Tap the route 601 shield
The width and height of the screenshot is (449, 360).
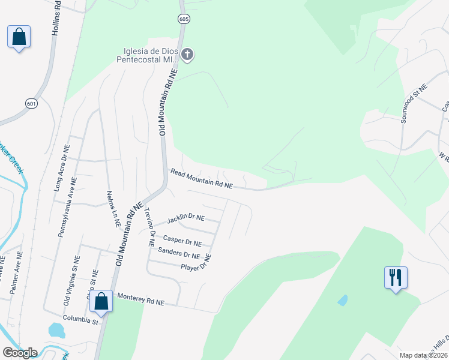pyautogui.click(x=30, y=104)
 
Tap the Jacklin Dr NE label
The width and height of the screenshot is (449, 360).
pyautogui.click(x=186, y=217)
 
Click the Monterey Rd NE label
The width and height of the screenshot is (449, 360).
pyautogui.click(x=140, y=299)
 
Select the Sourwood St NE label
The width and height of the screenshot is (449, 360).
pyautogui.click(x=414, y=104)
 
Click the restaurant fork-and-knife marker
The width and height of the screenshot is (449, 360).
pyautogui.click(x=396, y=278)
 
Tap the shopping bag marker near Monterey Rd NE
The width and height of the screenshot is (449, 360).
pyautogui.click(x=101, y=301)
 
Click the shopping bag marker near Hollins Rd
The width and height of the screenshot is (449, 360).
pyautogui.click(x=19, y=37)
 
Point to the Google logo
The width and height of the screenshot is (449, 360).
pyautogui.click(x=20, y=353)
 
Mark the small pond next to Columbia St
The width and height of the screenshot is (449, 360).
pyautogui.click(x=56, y=330)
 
